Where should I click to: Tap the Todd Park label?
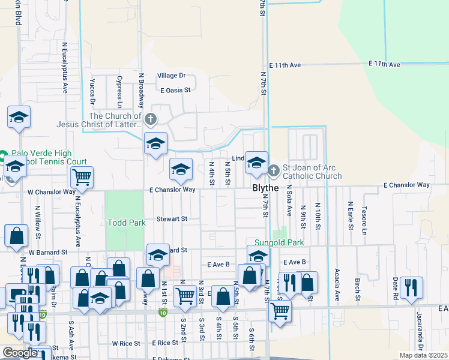point(126,223)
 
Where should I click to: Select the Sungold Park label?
point(279,242)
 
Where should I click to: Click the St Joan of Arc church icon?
point(274,171)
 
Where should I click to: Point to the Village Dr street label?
point(172,76)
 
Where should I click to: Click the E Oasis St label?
point(175,90)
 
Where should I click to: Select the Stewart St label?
point(172,219)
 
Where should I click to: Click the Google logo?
point(19,353)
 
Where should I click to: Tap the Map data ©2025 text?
point(424,355)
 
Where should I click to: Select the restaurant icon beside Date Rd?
point(412,287)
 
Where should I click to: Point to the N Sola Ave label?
point(289,201)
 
